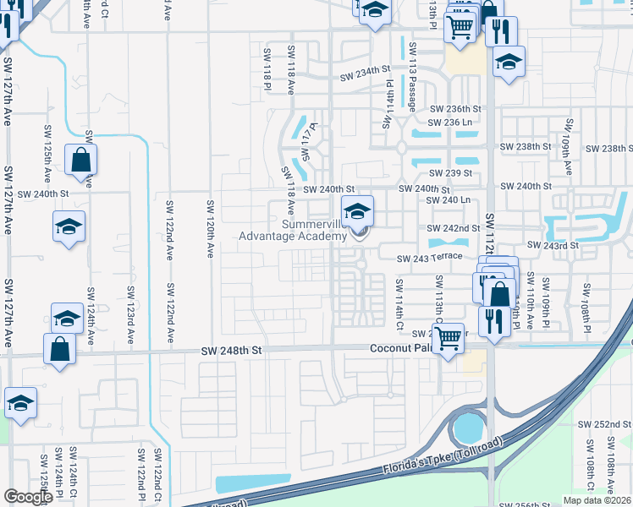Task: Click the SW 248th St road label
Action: coord(233,350)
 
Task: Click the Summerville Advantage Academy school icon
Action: coord(357,210)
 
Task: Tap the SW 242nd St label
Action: coord(454,228)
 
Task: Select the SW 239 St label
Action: coord(460,172)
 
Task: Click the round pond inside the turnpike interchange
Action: coord(465,429)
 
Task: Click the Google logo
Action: coord(28,496)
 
